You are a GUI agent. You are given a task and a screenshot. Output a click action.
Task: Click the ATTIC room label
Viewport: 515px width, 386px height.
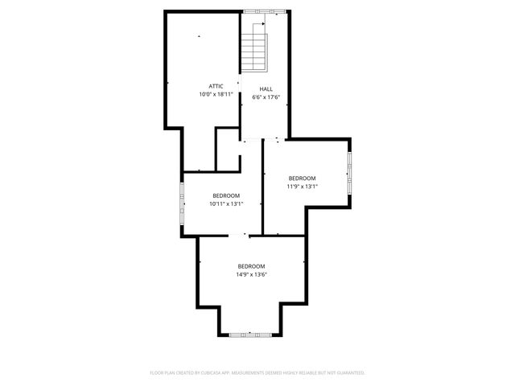pyautogui.click(x=216, y=86)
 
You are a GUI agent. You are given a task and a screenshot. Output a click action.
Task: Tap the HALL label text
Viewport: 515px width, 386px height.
pyautogui.click(x=266, y=89)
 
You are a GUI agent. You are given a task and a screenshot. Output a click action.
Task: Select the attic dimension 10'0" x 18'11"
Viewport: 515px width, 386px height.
pyautogui.click(x=216, y=94)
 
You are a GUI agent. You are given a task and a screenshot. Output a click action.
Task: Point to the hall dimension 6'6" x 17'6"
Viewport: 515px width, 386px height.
pyautogui.click(x=266, y=97)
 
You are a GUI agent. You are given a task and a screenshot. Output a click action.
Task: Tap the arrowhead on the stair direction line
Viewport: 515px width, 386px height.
pyautogui.click(x=263, y=25)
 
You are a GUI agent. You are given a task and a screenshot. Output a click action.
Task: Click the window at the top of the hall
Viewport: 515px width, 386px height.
pyautogui.click(x=266, y=10)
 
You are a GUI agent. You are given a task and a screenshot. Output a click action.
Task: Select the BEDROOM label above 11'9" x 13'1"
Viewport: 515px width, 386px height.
pyautogui.click(x=303, y=178)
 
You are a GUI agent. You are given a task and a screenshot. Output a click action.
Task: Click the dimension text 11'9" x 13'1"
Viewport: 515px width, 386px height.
pyautogui.click(x=303, y=186)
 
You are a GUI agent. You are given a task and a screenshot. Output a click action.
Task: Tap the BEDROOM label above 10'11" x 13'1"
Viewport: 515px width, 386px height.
pyautogui.click(x=226, y=195)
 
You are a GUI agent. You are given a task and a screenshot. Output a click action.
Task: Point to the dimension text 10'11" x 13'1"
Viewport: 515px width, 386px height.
pyautogui.click(x=226, y=203)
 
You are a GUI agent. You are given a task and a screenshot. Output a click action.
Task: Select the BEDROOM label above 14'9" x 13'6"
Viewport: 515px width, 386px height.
pyautogui.click(x=251, y=266)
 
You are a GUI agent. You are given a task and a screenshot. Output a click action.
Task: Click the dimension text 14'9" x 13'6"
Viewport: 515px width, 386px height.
pyautogui.click(x=251, y=274)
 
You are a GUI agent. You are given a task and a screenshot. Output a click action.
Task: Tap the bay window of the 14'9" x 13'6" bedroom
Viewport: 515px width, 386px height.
pyautogui.click(x=249, y=334)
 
